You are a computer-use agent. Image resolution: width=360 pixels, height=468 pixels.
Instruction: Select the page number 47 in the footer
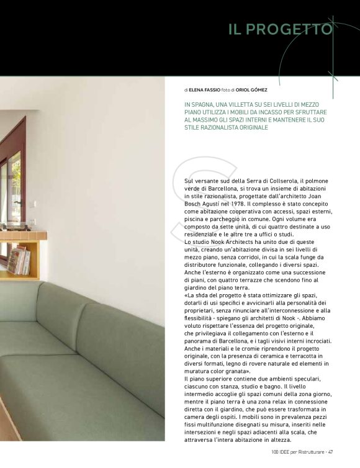(x=332, y=451)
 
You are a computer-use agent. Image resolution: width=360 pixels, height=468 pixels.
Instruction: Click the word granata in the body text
(x=250, y=371)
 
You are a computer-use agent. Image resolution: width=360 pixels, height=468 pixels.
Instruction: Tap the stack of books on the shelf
(x=18, y=260)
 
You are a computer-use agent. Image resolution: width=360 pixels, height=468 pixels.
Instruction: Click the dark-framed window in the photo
(x=12, y=180)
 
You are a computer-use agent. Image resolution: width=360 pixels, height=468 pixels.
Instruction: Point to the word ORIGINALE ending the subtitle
(x=249, y=127)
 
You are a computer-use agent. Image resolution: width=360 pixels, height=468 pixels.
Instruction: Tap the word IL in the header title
(x=238, y=29)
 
